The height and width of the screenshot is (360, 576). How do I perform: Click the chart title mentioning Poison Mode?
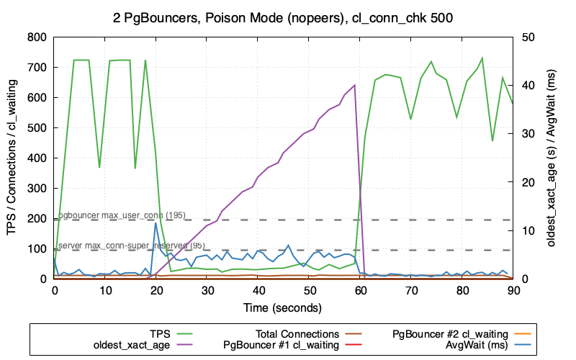pyautogui.click(x=288, y=16)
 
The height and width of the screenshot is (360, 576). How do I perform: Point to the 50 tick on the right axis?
pyautogui.click(x=528, y=37)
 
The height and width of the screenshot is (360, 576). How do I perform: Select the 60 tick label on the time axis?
pyautogui.click(x=360, y=290)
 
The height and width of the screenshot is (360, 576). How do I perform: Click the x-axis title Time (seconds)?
pyautogui.click(x=284, y=307)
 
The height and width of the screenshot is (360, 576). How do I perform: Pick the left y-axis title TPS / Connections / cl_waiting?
pyautogui.click(x=12, y=158)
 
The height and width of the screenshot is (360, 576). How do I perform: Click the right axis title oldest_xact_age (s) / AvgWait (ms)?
pyautogui.click(x=552, y=158)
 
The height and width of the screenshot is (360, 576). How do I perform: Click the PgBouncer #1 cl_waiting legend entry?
pyautogui.click(x=282, y=346)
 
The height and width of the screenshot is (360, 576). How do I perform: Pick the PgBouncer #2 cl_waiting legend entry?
pyautogui.click(x=451, y=334)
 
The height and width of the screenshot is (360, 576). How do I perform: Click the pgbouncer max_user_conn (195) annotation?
pyautogui.click(x=122, y=215)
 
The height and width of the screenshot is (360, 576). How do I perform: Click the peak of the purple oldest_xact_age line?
pyautogui.click(x=354, y=85)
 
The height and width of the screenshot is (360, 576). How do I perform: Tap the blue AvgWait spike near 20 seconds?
pyautogui.click(x=156, y=223)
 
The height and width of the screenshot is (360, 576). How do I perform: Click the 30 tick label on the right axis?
pyautogui.click(x=528, y=134)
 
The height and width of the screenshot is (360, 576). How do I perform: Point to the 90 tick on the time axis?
pyautogui.click(x=513, y=290)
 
